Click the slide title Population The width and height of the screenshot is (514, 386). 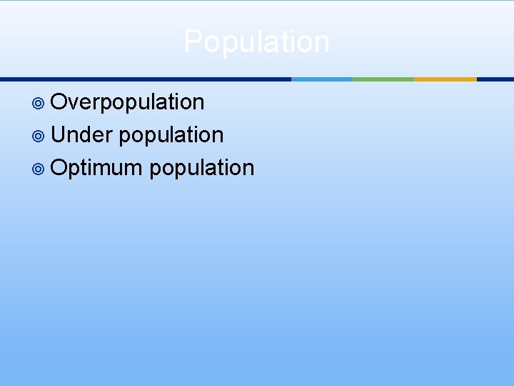coord(257,41)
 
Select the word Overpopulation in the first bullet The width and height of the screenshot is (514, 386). coord(128,102)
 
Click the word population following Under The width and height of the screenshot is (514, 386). coord(171,135)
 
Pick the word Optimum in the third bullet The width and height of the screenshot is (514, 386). coord(98,168)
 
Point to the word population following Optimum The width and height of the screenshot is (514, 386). coord(202,168)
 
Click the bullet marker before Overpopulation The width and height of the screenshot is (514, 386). coord(40,103)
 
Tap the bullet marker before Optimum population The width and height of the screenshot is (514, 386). coord(40,169)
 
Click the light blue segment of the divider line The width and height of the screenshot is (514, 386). coord(322,79)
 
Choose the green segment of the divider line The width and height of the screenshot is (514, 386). coord(383,79)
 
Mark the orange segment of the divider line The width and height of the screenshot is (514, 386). coord(445,79)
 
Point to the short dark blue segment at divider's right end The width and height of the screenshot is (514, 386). coord(495,79)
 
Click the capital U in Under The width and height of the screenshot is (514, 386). coord(59,134)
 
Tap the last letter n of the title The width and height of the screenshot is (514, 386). coord(322,41)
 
